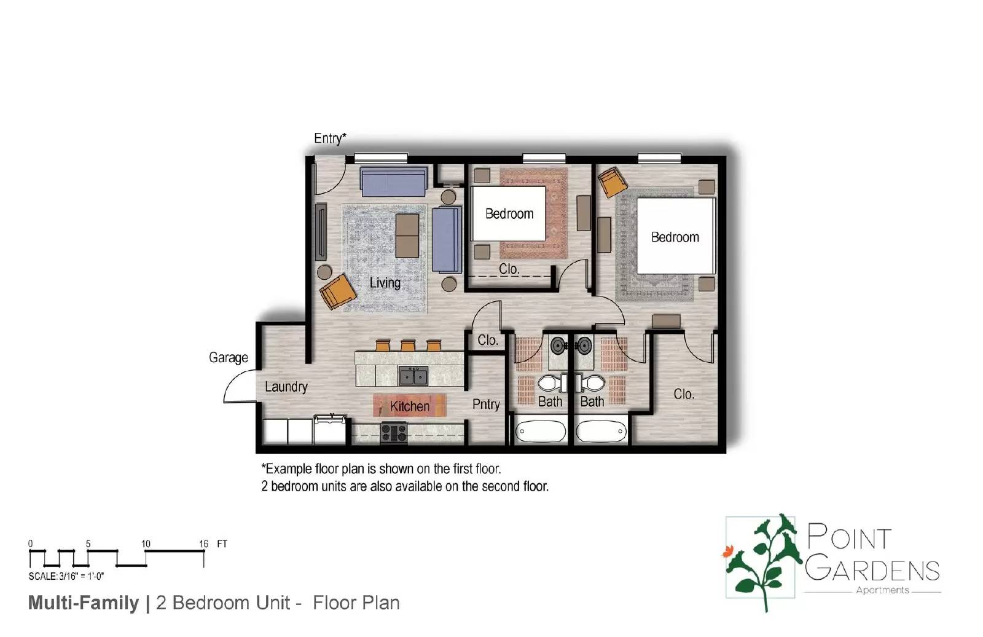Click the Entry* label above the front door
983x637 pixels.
[330, 138]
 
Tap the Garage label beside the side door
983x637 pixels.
[228, 358]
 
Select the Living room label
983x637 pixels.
[385, 283]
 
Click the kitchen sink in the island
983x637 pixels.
[413, 375]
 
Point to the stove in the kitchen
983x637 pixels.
[394, 433]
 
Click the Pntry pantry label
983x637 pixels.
[486, 405]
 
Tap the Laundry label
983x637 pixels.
[286, 387]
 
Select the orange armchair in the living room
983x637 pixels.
[337, 291]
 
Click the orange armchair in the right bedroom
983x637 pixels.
[613, 182]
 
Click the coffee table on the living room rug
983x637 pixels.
[407, 235]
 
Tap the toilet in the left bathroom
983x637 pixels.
[551, 384]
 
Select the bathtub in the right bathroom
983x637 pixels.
[602, 431]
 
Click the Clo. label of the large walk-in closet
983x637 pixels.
[684, 394]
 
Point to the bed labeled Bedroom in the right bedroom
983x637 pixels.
[675, 236]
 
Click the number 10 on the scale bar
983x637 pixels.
[146, 544]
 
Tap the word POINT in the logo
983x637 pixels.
[849, 538]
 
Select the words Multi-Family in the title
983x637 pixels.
[84, 603]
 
